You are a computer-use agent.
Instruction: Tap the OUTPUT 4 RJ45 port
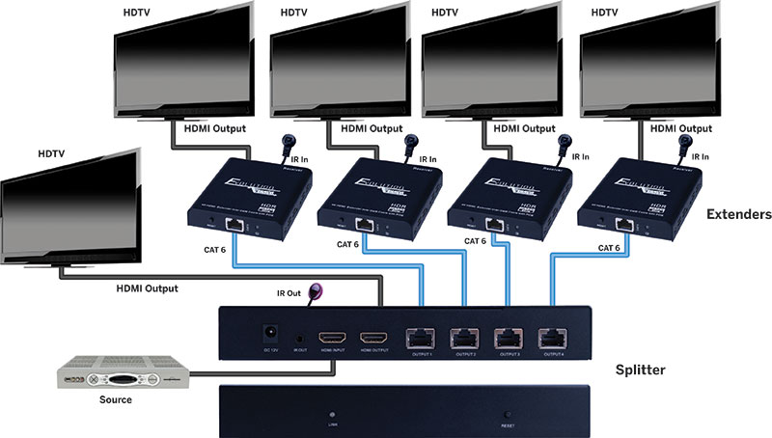pyautogui.click(x=553, y=338)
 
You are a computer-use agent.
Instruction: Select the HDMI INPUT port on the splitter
pyautogui.click(x=331, y=339)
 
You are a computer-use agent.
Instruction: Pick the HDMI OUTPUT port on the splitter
pyautogui.click(x=373, y=339)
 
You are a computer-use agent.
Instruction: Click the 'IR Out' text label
pyautogui.click(x=289, y=291)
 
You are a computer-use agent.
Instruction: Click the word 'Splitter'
pyautogui.click(x=642, y=369)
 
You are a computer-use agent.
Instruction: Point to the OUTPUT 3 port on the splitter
pyautogui.click(x=507, y=338)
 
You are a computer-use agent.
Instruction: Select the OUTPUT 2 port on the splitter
pyautogui.click(x=463, y=338)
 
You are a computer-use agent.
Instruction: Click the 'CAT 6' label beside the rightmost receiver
pyautogui.click(x=609, y=248)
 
